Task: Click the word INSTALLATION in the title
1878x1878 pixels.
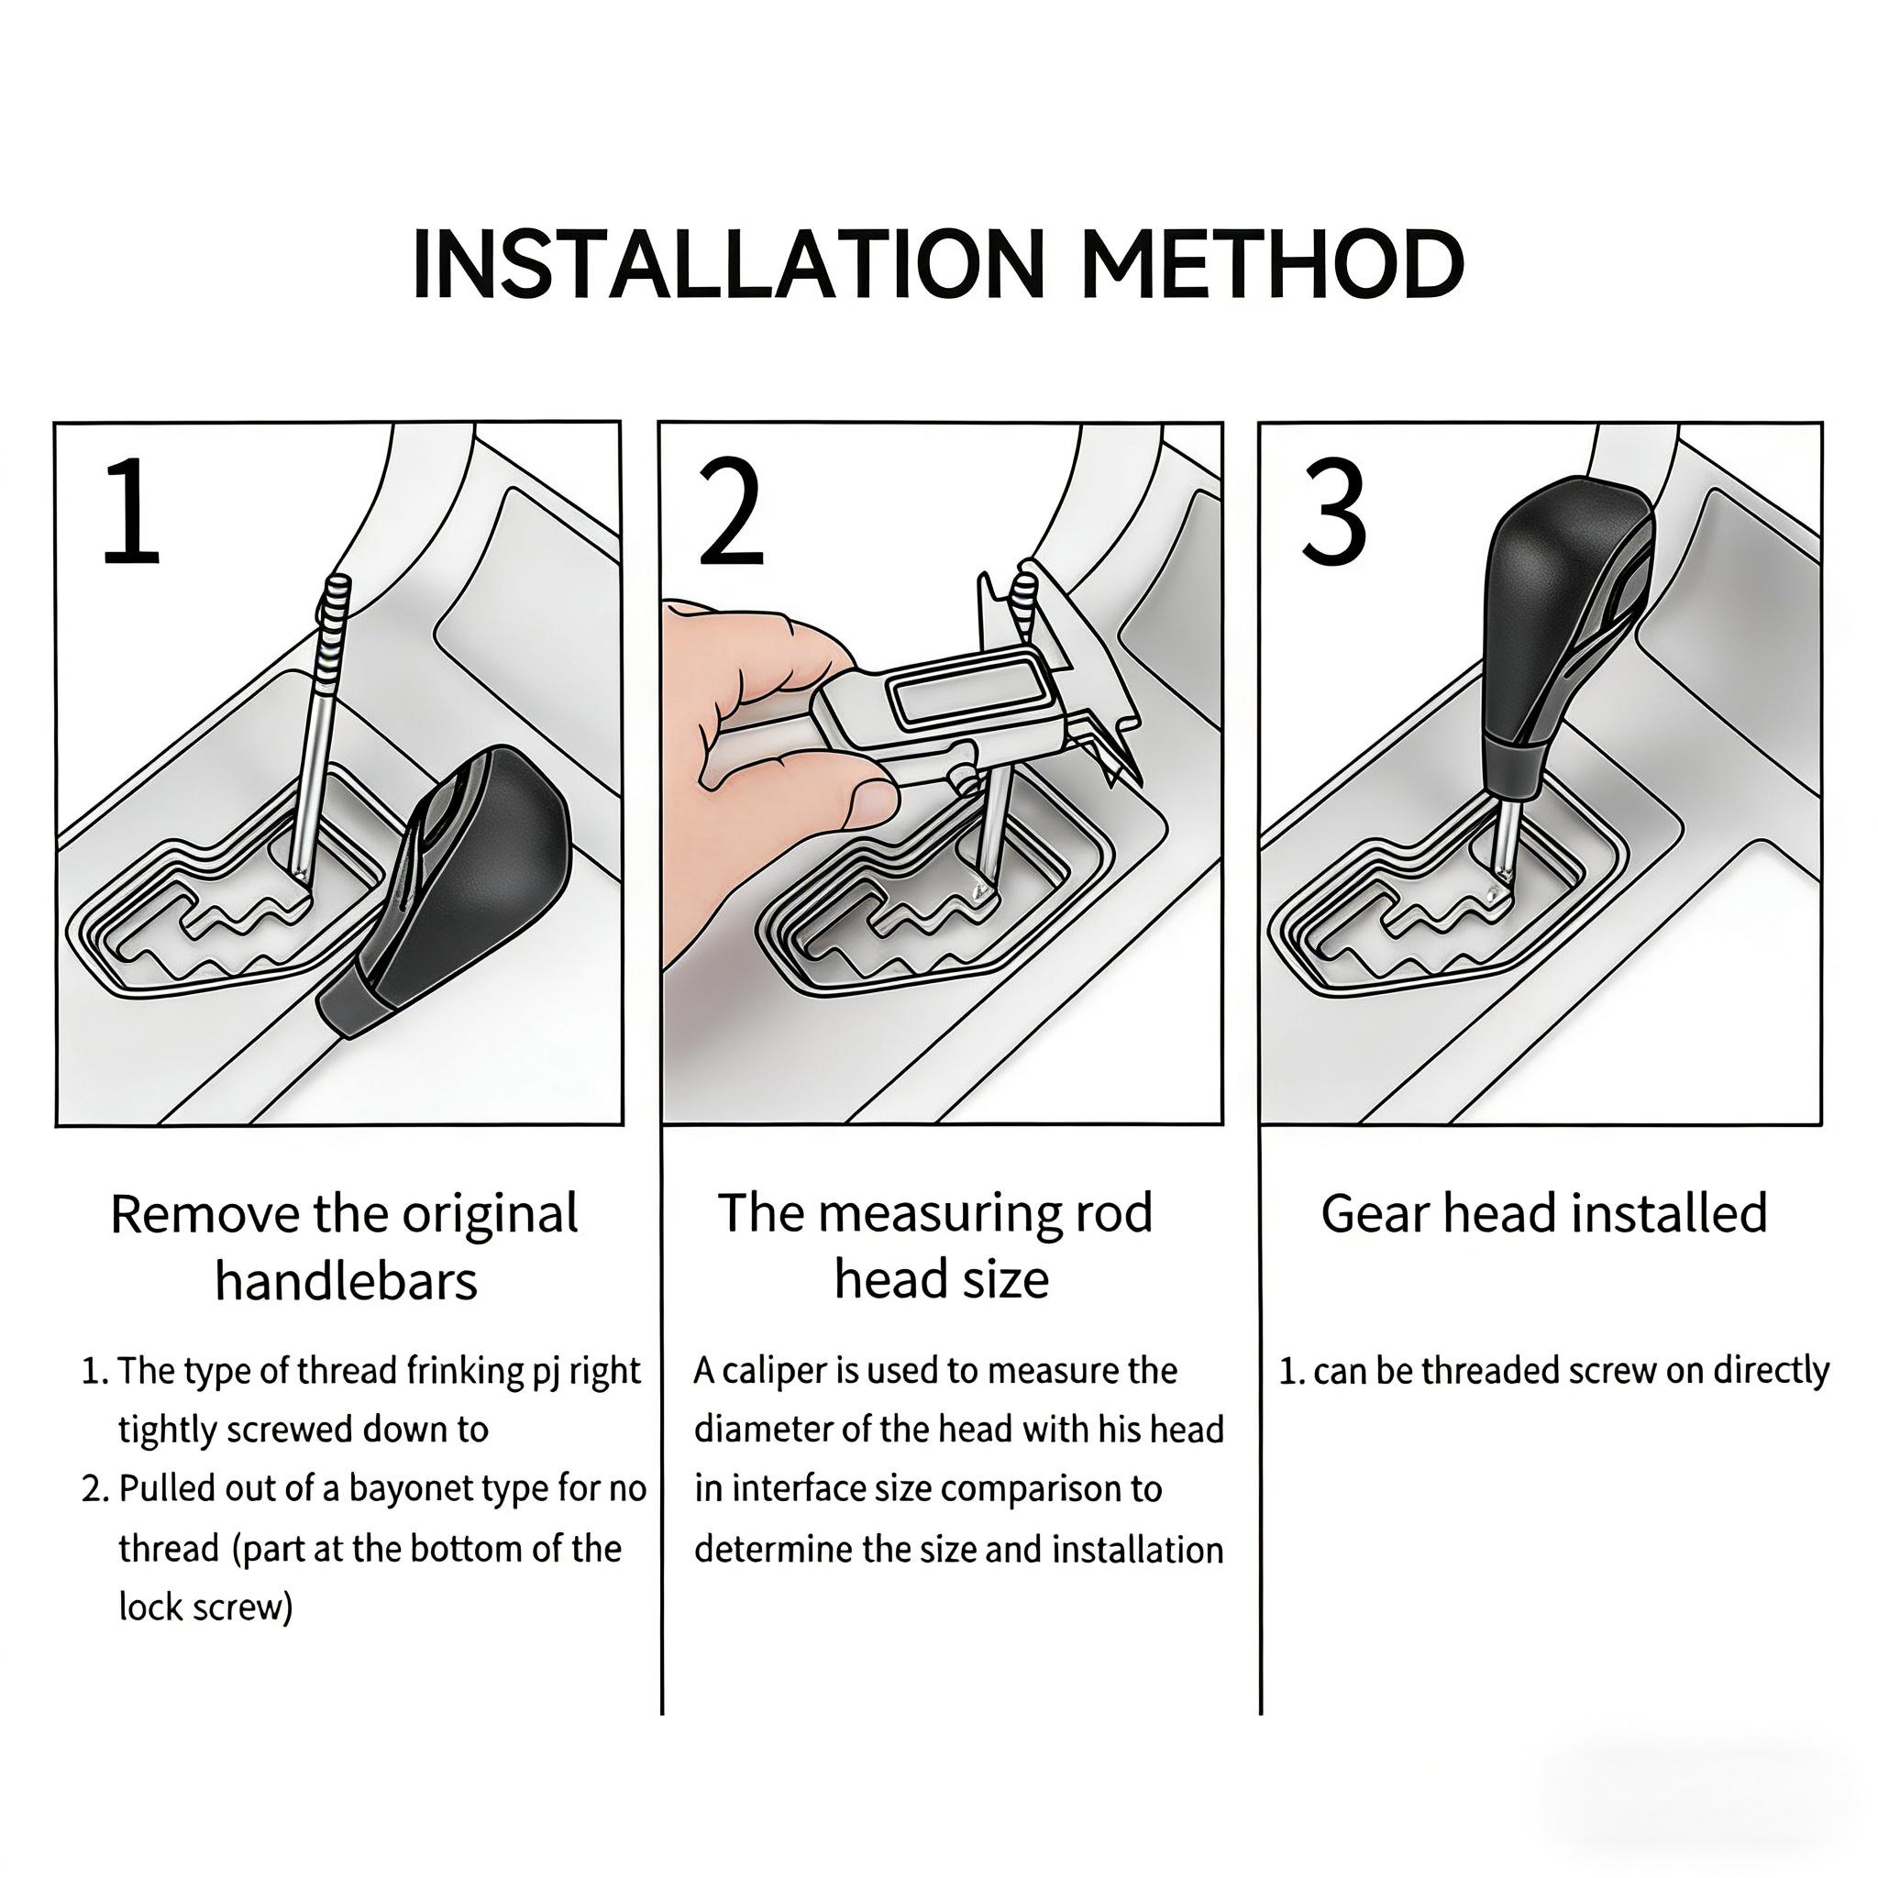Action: click(727, 264)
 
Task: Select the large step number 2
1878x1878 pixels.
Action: click(731, 512)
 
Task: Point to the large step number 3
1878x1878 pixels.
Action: click(1333, 512)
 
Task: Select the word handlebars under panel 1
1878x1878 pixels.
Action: click(346, 1281)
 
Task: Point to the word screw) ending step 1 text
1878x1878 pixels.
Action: click(242, 1607)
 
